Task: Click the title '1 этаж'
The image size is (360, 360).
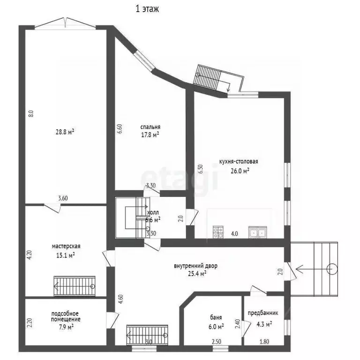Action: [147, 9]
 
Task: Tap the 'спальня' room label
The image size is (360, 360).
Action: [150, 127]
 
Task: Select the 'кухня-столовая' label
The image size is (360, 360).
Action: [239, 161]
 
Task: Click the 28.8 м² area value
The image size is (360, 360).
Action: [65, 132]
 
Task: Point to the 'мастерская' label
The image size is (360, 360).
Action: [66, 247]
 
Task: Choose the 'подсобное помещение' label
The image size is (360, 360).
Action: [66, 316]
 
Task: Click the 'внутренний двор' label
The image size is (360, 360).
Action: [195, 266]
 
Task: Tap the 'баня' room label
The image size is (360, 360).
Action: [216, 317]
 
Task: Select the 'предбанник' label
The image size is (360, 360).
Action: [263, 313]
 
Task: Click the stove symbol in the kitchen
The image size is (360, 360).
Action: [218, 232]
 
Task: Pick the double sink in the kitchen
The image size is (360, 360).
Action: [258, 232]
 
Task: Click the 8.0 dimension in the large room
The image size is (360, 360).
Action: [31, 113]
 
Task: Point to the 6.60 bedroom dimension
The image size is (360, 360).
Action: [120, 129]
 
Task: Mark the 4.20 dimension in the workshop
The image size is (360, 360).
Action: [30, 255]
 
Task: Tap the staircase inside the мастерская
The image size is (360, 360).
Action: [75, 286]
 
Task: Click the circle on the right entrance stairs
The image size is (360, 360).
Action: [332, 269]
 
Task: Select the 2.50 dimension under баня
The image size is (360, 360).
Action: [216, 342]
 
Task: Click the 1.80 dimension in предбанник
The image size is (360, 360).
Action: [264, 342]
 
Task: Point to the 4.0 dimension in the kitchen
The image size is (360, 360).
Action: [234, 234]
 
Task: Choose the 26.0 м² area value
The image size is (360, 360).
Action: [240, 171]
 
